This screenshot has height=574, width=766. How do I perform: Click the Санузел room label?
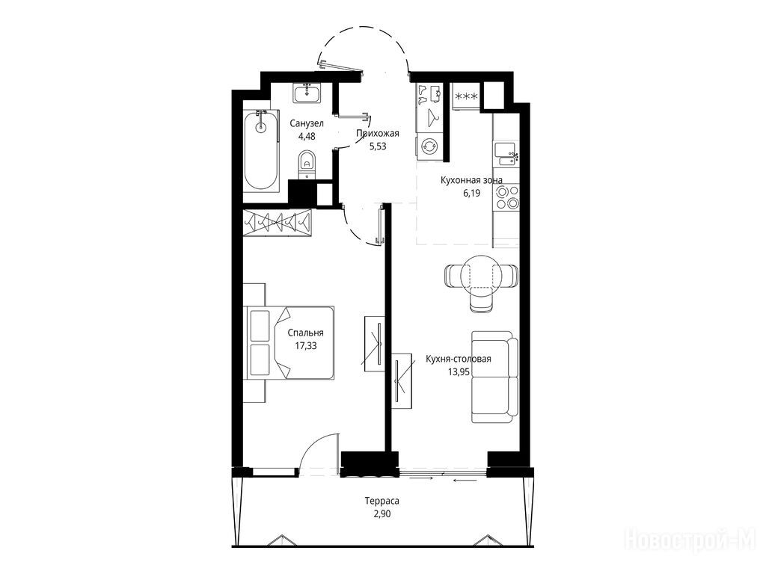tap(306, 123)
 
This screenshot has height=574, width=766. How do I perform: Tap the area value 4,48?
tap(307, 136)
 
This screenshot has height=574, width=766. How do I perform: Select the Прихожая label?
tap(378, 134)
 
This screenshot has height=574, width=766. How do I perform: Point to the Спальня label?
tap(305, 333)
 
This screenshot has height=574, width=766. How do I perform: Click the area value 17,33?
tap(305, 345)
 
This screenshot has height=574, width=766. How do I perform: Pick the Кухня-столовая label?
tap(459, 359)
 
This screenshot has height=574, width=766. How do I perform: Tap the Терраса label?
tap(382, 501)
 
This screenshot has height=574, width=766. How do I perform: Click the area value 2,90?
tap(382, 513)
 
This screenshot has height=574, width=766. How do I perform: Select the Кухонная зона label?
tap(471, 180)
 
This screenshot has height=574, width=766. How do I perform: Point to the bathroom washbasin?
tap(307, 93)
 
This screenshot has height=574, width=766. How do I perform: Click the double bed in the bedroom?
tap(291, 342)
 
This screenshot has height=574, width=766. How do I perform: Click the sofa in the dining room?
tap(494, 377)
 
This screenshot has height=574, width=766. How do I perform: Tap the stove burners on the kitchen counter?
tap(506, 197)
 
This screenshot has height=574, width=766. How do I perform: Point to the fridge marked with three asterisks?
tap(466, 96)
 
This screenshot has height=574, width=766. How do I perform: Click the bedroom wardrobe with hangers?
tap(277, 223)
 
